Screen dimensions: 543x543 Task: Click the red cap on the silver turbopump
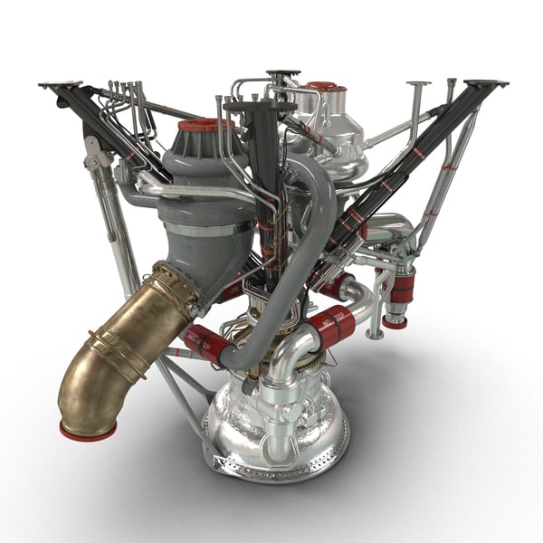(x=322, y=88)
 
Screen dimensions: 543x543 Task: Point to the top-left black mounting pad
(x=59, y=86)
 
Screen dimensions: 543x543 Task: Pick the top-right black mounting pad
(x=486, y=84)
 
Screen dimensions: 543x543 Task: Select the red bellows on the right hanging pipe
(x=401, y=287)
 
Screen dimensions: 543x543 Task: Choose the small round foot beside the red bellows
(x=374, y=332)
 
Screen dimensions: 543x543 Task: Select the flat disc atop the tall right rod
(x=418, y=85)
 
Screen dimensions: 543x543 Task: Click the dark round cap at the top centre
(x=283, y=73)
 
